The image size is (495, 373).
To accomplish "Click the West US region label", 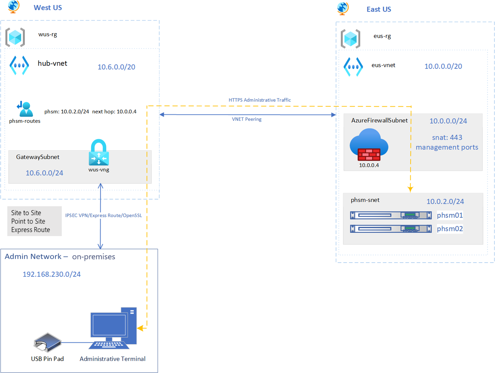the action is [x=48, y=8].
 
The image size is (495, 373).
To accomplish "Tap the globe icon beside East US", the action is [x=343, y=9].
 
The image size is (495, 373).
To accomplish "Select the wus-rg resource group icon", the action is [x=15, y=37].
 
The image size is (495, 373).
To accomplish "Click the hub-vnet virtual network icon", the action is [x=19, y=65].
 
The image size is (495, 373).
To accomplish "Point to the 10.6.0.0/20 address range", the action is [x=116, y=67].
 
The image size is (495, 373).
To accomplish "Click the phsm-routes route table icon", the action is [x=25, y=109].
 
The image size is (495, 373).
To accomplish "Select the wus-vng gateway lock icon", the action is [x=99, y=152].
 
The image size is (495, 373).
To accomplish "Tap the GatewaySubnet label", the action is [x=38, y=157].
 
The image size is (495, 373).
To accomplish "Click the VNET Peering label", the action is [x=247, y=119].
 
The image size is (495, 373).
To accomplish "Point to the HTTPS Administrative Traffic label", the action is [x=259, y=100].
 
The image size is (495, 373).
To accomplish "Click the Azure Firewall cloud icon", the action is [x=369, y=145].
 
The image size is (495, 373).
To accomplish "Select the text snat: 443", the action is [x=447, y=137].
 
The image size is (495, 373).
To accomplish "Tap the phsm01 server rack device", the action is [x=391, y=215].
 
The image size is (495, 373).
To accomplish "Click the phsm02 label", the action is [x=449, y=228].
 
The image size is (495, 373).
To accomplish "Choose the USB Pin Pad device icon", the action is [x=48, y=342].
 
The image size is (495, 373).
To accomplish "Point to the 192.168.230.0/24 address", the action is [x=51, y=274].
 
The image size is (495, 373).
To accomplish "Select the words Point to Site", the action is [x=28, y=221].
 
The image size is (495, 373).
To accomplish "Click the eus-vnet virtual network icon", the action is [x=353, y=67].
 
